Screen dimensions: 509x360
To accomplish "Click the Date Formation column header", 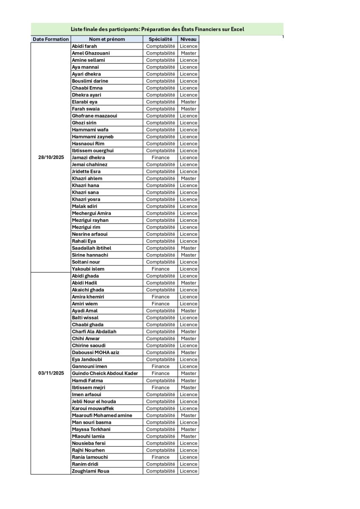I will click(x=51, y=39).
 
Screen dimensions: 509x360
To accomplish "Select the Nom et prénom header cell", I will click(x=107, y=39).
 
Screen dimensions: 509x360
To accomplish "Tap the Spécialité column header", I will click(x=160, y=39).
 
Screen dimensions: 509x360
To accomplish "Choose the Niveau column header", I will click(x=188, y=39).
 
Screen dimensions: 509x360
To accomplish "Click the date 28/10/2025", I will click(x=51, y=157).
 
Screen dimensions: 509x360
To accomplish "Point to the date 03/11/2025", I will click(x=51, y=373).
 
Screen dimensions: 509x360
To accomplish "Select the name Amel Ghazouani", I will click(x=91, y=53).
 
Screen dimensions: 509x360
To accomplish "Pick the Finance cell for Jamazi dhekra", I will click(x=160, y=158).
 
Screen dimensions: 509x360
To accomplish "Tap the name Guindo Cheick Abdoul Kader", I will click(x=105, y=373).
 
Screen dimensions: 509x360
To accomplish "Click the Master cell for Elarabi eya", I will click(x=188, y=102).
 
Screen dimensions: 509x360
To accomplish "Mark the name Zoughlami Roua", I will click(x=91, y=471).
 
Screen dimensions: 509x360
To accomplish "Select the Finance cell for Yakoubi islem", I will click(x=160, y=269).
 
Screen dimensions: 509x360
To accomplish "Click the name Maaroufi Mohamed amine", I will click(x=102, y=415).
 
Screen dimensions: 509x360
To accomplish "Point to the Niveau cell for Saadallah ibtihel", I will click(x=188, y=248).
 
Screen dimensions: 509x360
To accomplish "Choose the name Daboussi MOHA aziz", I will click(x=96, y=352).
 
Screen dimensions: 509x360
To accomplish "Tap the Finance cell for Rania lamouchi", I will click(x=160, y=457).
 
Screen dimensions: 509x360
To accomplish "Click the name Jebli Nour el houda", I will click(x=94, y=401).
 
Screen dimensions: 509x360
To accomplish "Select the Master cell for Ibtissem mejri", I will click(x=188, y=388).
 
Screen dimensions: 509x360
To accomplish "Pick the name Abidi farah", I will click(x=84, y=46).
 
